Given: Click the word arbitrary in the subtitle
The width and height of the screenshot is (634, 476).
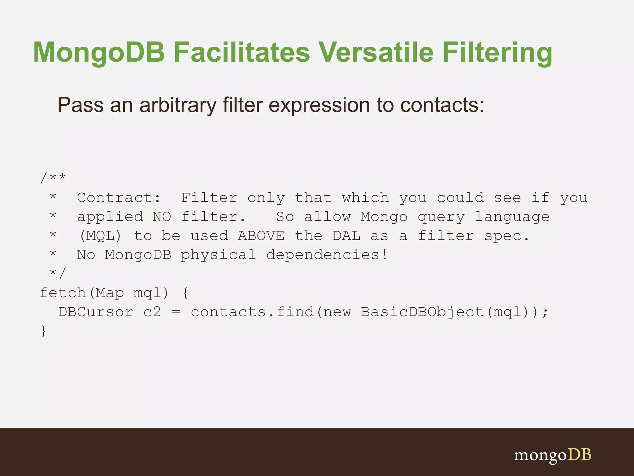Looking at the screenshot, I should (x=178, y=105).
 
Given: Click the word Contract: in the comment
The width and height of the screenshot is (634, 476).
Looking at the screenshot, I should (x=119, y=198).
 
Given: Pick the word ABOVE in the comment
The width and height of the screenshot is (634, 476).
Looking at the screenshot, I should (x=261, y=236).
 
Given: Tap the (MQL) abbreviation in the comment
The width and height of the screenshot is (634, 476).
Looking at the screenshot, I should (x=100, y=236).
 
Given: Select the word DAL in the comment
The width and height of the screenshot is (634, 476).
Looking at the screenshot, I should (x=347, y=236).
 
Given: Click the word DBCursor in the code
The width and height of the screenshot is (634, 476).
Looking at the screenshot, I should (x=96, y=312).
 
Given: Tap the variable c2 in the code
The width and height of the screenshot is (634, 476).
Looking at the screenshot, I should (x=152, y=312).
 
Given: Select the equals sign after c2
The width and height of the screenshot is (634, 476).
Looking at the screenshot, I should (x=176, y=312).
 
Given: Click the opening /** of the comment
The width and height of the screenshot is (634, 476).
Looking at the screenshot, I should (x=53, y=178).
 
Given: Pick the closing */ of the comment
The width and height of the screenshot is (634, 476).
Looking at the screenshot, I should (x=58, y=273).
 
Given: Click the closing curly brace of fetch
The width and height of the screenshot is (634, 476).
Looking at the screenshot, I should (x=43, y=331).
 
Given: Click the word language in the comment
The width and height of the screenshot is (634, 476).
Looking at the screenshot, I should (x=512, y=217).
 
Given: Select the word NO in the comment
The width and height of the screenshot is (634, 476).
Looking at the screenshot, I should (x=162, y=217).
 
